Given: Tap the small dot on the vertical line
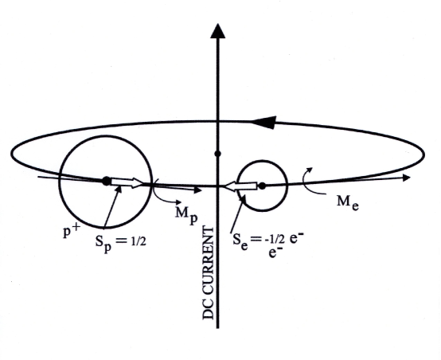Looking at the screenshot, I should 217,152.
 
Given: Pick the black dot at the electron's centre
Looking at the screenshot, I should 261,186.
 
